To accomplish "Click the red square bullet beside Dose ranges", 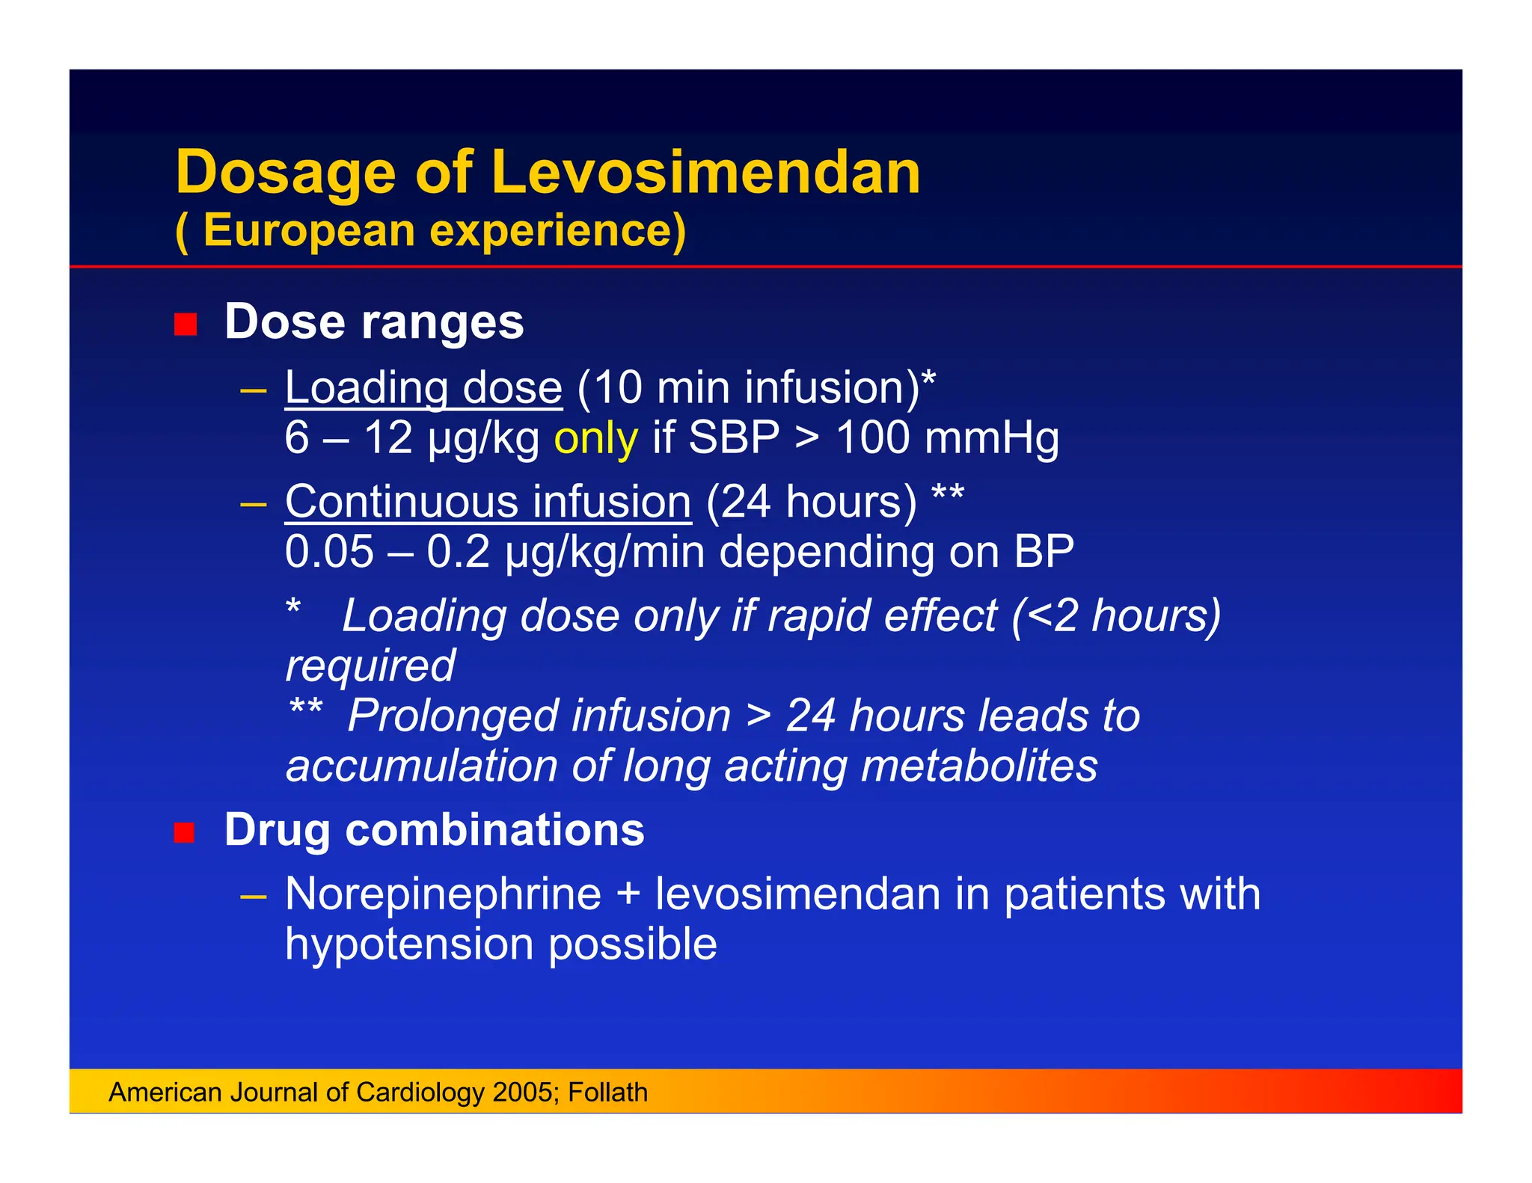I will [x=185, y=325].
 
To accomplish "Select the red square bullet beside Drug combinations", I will [x=185, y=832].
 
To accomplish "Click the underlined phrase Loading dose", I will [x=423, y=388].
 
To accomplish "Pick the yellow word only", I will [x=595, y=438].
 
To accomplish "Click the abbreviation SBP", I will [x=734, y=437].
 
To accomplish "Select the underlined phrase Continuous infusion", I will [x=488, y=502].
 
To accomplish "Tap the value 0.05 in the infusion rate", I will [x=329, y=552].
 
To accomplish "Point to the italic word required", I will [x=370, y=666].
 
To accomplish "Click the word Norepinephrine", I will [x=443, y=894].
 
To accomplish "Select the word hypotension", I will [x=409, y=944].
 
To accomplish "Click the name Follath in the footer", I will [x=607, y=1093].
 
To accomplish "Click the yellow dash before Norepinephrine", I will [x=254, y=895].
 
